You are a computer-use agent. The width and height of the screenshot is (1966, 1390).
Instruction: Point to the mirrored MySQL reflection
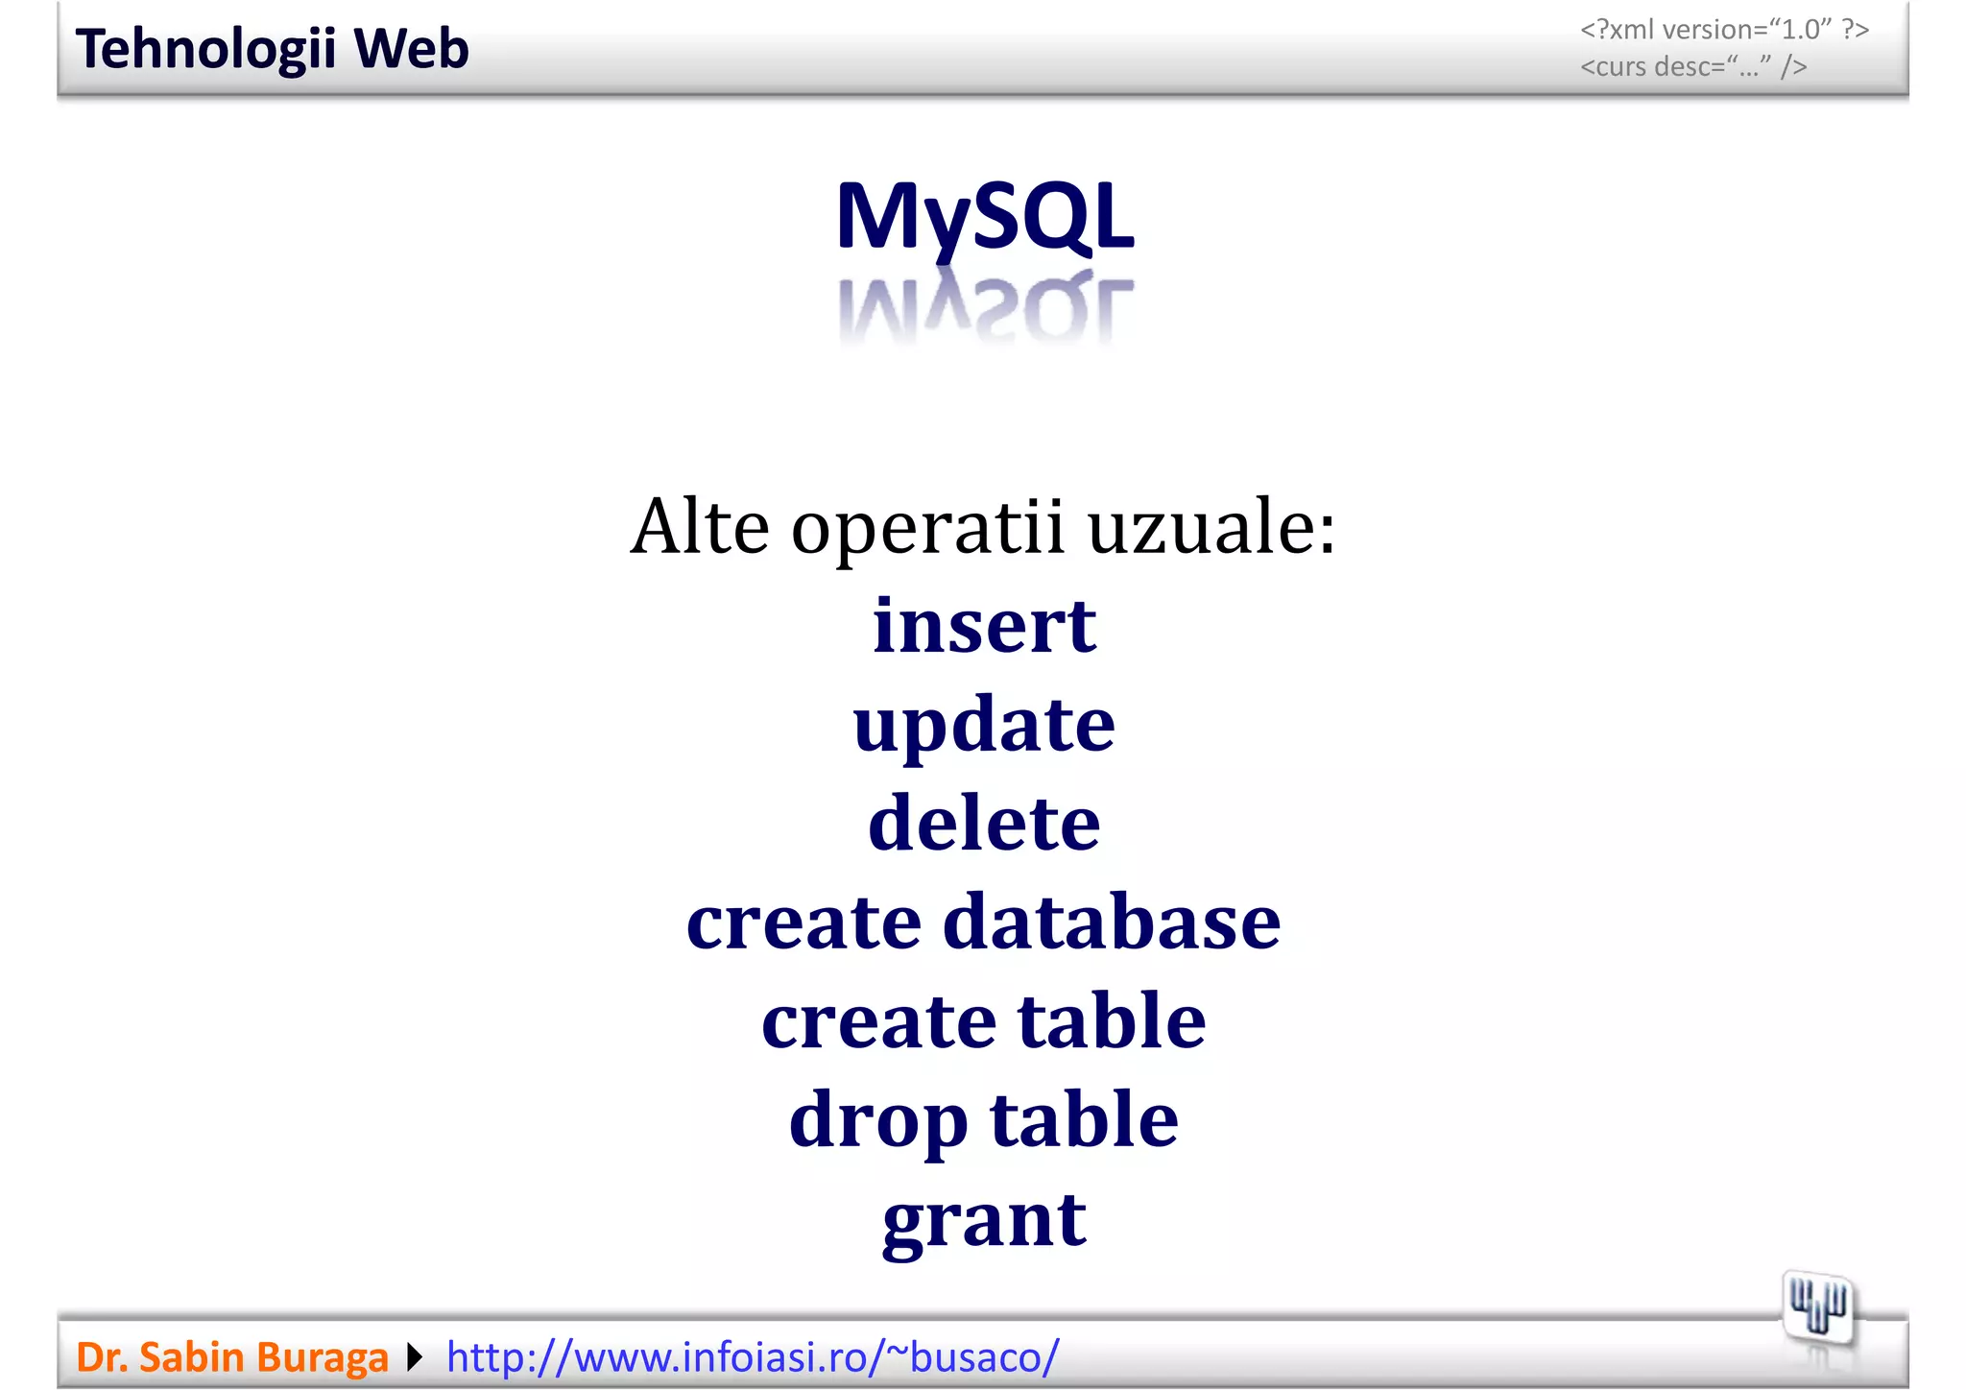click(x=985, y=310)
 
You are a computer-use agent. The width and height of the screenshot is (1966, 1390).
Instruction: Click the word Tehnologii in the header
click(x=204, y=49)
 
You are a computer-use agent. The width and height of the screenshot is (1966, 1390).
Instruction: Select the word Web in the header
click(x=411, y=49)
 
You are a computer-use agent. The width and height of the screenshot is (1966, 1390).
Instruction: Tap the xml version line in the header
click(x=1724, y=30)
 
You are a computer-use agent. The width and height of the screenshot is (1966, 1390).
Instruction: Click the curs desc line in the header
click(x=1693, y=67)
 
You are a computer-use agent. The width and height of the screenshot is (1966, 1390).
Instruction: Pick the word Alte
click(x=700, y=527)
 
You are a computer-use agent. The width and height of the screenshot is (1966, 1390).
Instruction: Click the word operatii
click(x=927, y=527)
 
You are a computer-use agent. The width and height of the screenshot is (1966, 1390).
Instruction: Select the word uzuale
click(x=1211, y=527)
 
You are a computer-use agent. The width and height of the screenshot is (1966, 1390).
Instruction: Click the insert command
click(x=984, y=626)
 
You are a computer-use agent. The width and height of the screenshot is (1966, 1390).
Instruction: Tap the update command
click(x=984, y=726)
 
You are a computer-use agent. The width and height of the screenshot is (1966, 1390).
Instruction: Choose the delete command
click(x=984, y=824)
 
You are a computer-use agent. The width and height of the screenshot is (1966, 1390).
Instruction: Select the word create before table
click(x=878, y=1021)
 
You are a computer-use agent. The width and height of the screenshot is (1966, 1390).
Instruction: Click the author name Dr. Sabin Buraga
click(x=232, y=1357)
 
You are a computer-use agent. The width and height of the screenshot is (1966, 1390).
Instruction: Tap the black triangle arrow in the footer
click(x=415, y=1357)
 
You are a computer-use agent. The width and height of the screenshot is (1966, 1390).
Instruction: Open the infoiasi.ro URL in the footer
click(x=753, y=1357)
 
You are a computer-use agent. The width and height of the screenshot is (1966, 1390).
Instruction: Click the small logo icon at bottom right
click(x=1817, y=1308)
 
